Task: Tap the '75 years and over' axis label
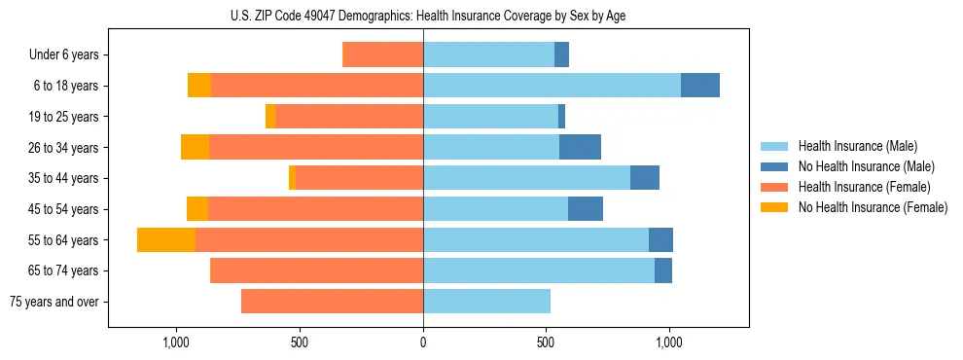pos(53,302)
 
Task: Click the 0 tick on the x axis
pos(423,342)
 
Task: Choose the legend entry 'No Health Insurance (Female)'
pos(873,207)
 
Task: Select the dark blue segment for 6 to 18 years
pos(700,86)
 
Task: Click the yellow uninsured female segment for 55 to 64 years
pos(166,239)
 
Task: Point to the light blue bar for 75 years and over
pos(486,302)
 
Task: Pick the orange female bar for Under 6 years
pos(382,55)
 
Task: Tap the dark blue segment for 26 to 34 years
pos(580,147)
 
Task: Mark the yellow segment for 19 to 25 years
pos(270,117)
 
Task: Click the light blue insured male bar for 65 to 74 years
pos(538,270)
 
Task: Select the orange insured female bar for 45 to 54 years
pos(315,209)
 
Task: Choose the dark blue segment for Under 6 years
pos(561,55)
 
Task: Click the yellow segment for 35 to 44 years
pos(292,178)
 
